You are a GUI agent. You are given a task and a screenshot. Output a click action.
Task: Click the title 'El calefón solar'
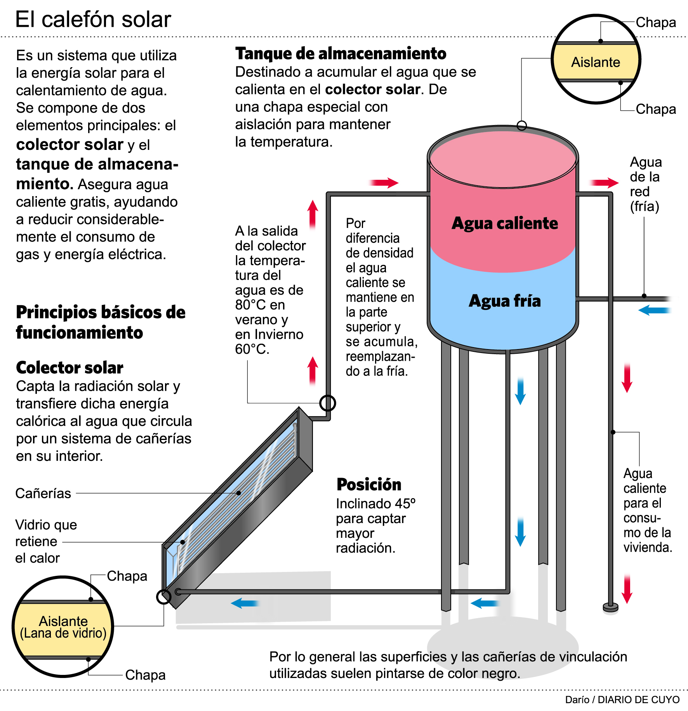(93, 19)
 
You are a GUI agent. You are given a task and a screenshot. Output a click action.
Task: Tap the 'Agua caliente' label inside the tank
(504, 223)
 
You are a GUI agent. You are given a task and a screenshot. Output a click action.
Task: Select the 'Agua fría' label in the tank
(504, 301)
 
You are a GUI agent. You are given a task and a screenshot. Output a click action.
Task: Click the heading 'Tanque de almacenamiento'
(341, 54)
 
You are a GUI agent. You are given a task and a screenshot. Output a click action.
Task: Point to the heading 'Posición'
(368, 484)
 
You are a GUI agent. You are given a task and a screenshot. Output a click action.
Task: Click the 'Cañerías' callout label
(43, 493)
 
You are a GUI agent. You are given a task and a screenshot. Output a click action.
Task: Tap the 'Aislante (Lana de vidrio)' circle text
(63, 627)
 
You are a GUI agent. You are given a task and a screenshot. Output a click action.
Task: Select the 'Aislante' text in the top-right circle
(595, 62)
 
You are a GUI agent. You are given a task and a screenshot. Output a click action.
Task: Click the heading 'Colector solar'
(69, 367)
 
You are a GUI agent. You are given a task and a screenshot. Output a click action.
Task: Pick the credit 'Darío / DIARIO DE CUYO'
(622, 699)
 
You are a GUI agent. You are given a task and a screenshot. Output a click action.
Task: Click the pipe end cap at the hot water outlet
(610, 607)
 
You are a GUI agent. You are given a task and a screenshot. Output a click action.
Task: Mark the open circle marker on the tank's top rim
(522, 125)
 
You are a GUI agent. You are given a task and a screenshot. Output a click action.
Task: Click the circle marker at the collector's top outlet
(327, 403)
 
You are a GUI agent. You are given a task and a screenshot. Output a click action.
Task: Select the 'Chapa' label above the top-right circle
(655, 23)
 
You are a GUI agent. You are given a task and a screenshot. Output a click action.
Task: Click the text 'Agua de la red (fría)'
(645, 184)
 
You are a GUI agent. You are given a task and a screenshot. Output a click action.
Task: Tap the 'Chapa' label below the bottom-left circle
(145, 675)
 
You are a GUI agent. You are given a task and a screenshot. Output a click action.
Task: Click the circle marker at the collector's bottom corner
(163, 597)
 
